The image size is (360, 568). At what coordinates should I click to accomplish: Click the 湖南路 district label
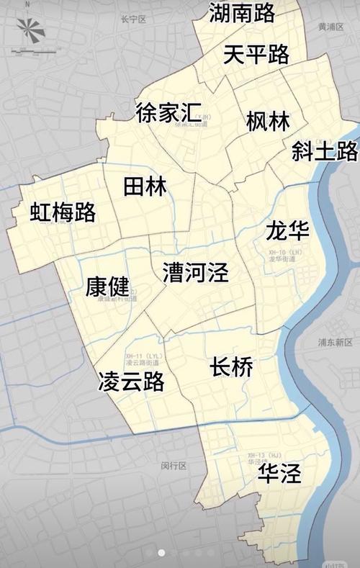(242, 12)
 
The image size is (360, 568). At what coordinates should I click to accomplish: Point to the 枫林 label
(267, 121)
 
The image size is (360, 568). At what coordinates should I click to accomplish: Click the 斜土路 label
(325, 151)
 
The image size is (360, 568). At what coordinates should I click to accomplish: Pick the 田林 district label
(145, 186)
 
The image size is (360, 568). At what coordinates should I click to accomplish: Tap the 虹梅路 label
(63, 212)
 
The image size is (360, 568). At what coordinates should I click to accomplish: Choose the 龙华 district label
(287, 231)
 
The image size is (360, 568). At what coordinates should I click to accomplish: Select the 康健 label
(107, 287)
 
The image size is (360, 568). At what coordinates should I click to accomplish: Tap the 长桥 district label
(231, 367)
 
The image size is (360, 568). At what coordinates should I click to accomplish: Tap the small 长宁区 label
(133, 19)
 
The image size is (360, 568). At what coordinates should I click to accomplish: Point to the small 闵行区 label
(174, 466)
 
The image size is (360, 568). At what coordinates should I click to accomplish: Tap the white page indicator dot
(161, 553)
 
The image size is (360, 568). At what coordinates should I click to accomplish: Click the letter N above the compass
(27, 4)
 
